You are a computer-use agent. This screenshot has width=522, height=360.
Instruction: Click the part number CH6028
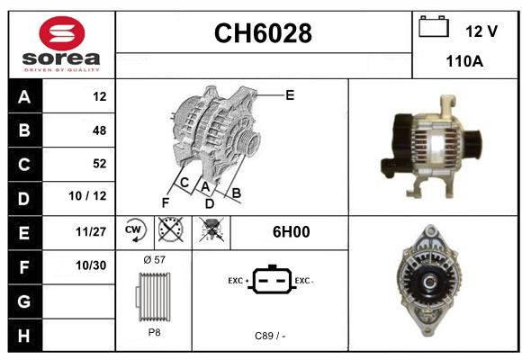(263, 33)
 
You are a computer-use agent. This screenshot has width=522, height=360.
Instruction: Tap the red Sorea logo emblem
(62, 33)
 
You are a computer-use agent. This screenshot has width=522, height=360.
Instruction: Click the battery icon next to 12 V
(434, 26)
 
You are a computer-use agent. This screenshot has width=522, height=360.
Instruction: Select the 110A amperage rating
(464, 61)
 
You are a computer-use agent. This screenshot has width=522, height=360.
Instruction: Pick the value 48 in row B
(100, 130)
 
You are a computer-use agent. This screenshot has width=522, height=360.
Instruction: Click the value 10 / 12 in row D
(87, 196)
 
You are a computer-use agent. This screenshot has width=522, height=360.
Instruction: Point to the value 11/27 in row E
(91, 231)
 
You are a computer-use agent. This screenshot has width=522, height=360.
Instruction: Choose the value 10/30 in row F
(91, 265)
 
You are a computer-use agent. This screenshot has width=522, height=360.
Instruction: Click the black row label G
(25, 301)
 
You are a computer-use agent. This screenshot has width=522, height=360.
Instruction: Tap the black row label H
(25, 335)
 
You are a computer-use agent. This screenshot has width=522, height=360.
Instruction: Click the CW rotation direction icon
(134, 229)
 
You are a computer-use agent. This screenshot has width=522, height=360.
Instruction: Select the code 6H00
(291, 232)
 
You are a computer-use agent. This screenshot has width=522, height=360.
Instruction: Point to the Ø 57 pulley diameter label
(154, 259)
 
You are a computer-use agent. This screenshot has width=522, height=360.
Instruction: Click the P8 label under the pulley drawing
(154, 332)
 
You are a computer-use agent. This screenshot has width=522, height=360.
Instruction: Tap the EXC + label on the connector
(238, 281)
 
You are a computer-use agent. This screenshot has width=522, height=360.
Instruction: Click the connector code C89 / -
(270, 336)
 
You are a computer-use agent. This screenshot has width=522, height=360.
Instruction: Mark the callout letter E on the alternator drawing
(290, 95)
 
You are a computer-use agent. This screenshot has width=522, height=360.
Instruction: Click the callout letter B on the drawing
(237, 193)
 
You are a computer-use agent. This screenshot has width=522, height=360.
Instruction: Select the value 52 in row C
(100, 164)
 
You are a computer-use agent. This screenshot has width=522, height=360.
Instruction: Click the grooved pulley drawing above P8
(154, 297)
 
